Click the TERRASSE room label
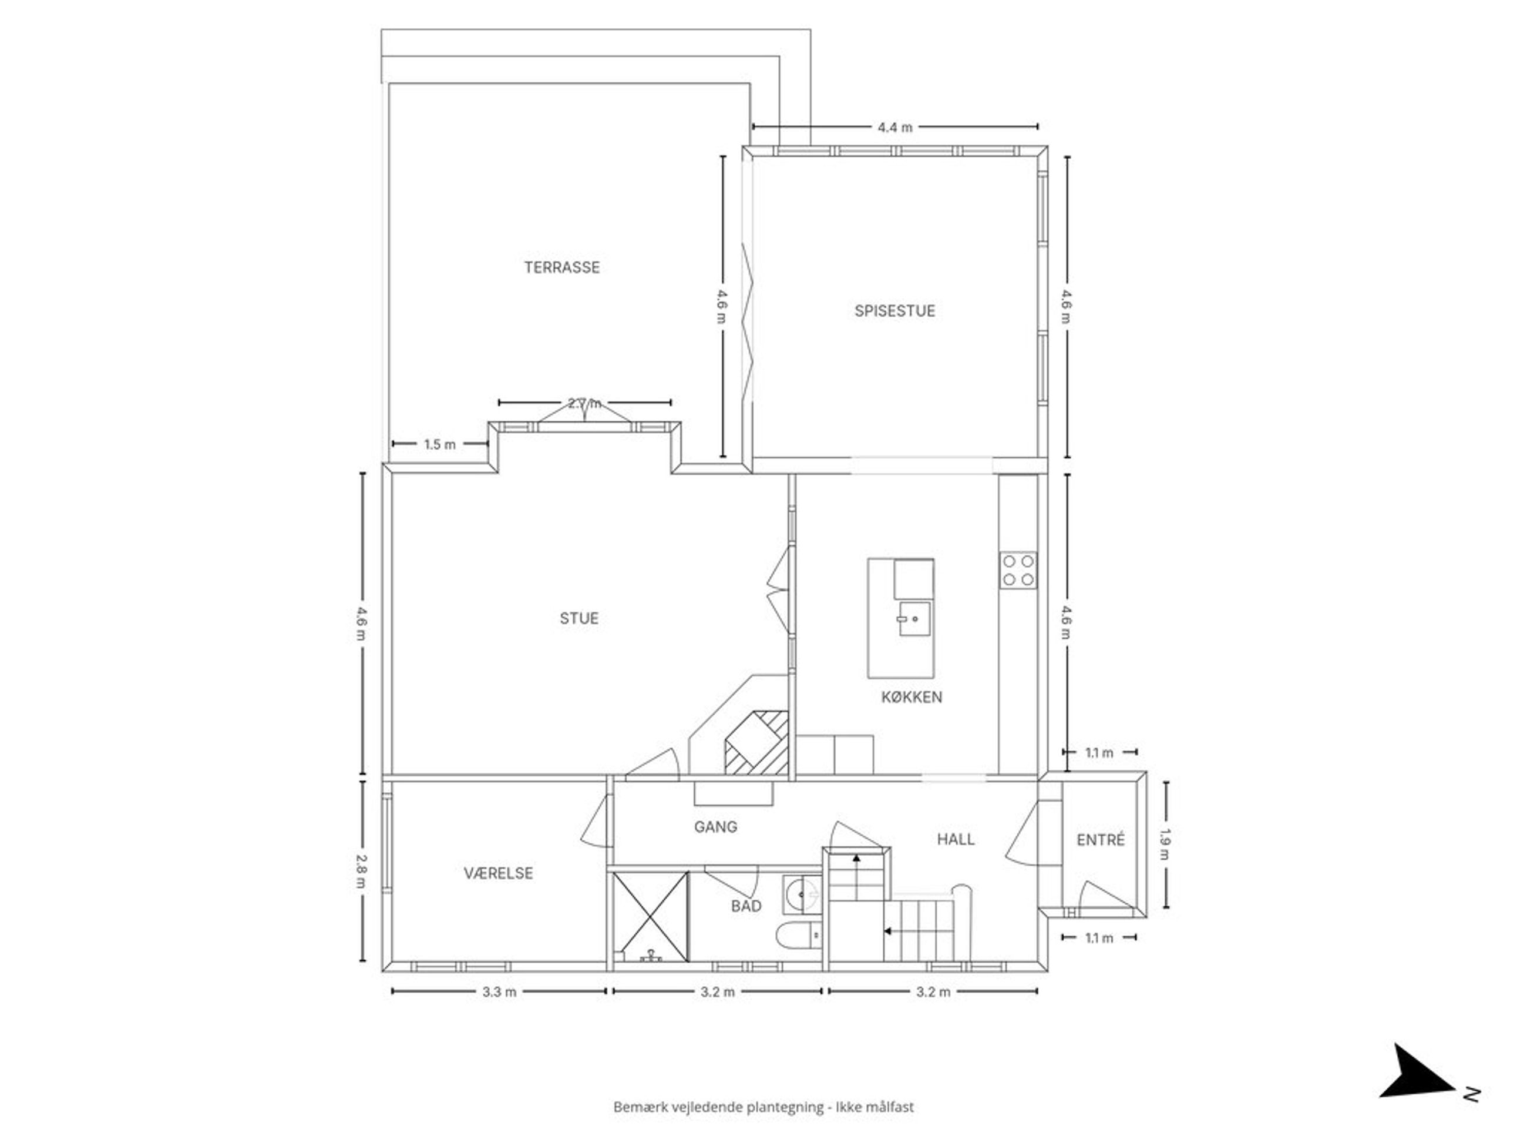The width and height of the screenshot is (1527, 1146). [561, 267]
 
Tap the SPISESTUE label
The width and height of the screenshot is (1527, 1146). [894, 311]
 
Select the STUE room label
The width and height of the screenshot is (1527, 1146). [578, 618]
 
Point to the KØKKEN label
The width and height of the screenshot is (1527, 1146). [912, 697]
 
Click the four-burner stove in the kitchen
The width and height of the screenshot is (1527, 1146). [1018, 570]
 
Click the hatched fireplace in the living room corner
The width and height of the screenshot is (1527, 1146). [756, 743]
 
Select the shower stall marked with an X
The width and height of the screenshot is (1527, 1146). [650, 917]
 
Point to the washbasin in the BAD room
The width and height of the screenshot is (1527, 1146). [802, 895]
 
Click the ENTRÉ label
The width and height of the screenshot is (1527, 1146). [1101, 840]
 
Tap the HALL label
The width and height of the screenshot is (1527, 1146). [956, 839]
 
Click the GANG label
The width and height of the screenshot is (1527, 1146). [715, 827]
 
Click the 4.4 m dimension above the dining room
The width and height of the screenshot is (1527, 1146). [894, 127]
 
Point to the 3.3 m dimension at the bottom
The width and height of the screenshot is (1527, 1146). [499, 992]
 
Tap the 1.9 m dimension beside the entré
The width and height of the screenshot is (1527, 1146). [1165, 844]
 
